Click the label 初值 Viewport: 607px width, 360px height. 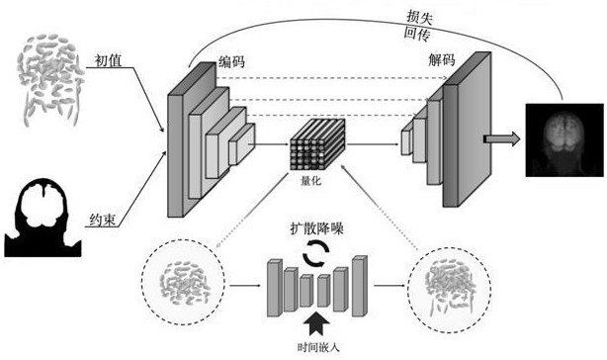click(x=109, y=60)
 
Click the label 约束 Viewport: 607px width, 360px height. click(x=102, y=220)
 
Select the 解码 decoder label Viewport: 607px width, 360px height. click(x=441, y=60)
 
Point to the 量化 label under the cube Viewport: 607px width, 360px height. click(x=310, y=180)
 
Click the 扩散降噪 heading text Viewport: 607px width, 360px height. click(x=317, y=228)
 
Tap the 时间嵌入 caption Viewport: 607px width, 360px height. click(x=318, y=347)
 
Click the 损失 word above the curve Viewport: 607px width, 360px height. click(x=419, y=18)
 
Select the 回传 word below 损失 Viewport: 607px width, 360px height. click(x=417, y=34)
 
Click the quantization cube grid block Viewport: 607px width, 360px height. click(x=317, y=144)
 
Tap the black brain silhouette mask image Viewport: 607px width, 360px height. click(x=43, y=218)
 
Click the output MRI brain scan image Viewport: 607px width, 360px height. click(x=564, y=140)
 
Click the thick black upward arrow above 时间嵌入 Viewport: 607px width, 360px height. click(x=316, y=323)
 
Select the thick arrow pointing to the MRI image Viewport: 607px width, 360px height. click(x=501, y=139)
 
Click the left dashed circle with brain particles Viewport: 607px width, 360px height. click(x=183, y=282)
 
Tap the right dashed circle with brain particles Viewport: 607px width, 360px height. click(x=450, y=290)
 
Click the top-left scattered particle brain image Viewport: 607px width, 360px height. click(x=49, y=80)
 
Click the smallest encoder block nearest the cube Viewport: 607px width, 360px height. click(x=242, y=144)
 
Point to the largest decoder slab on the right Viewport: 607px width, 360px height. click(x=468, y=130)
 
